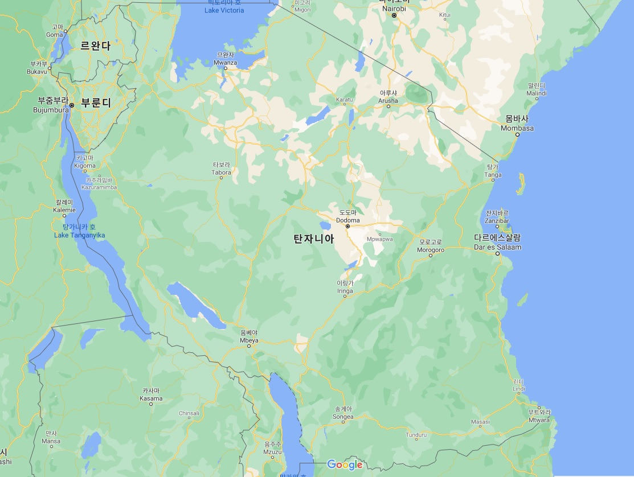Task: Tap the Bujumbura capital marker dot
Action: click(72, 105)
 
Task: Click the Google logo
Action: click(345, 464)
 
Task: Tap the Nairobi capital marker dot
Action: click(394, 15)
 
